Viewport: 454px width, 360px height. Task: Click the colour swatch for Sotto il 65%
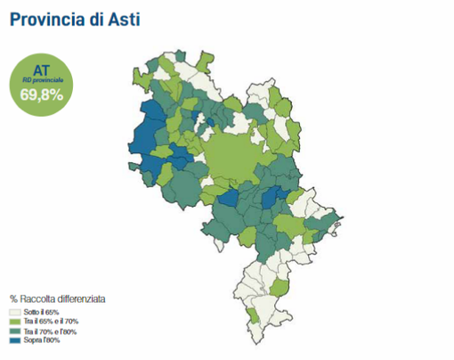pos(15,313)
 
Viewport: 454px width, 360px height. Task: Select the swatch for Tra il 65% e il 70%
pos(15,322)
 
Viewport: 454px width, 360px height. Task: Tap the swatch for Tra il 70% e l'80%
pos(15,331)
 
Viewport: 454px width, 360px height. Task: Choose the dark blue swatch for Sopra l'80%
pos(15,340)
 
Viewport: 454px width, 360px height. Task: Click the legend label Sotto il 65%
pos(43,313)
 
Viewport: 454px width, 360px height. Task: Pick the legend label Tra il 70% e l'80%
pos(52,331)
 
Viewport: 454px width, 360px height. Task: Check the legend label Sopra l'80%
pos(43,340)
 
